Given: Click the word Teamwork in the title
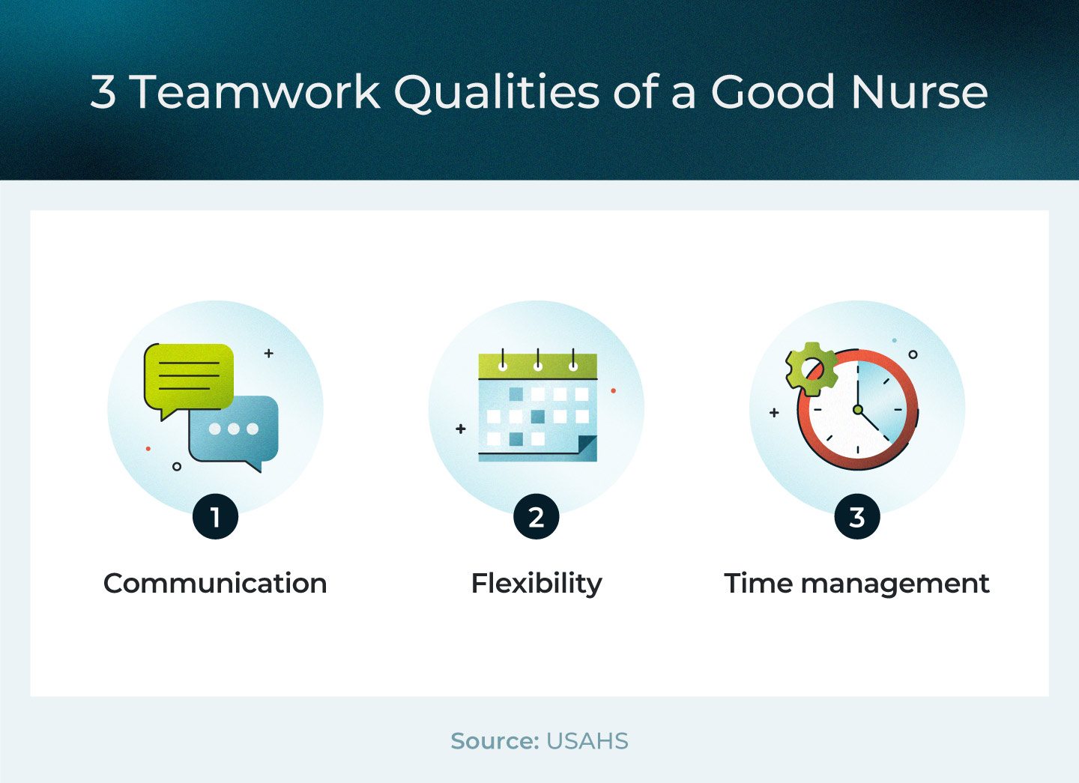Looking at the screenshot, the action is pos(256,91).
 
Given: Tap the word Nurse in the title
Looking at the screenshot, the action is pos(919,91).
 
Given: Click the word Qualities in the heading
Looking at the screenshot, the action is pos(496,92).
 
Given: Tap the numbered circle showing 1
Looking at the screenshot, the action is pos(215,517).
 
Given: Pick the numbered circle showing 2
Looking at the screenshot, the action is pos(537,517).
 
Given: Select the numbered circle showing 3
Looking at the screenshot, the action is pos(857,517).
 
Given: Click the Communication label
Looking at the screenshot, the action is pos(215,584).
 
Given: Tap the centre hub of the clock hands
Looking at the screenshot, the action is pos(857,410).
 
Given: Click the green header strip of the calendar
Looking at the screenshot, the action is pos(537,366).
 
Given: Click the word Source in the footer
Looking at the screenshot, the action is pos(495,740).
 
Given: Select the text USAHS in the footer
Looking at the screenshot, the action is pos(587,741).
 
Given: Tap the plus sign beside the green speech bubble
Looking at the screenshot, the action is pos(269,354).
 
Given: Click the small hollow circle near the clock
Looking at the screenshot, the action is pos(913,354).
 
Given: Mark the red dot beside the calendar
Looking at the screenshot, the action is pos(613,390).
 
